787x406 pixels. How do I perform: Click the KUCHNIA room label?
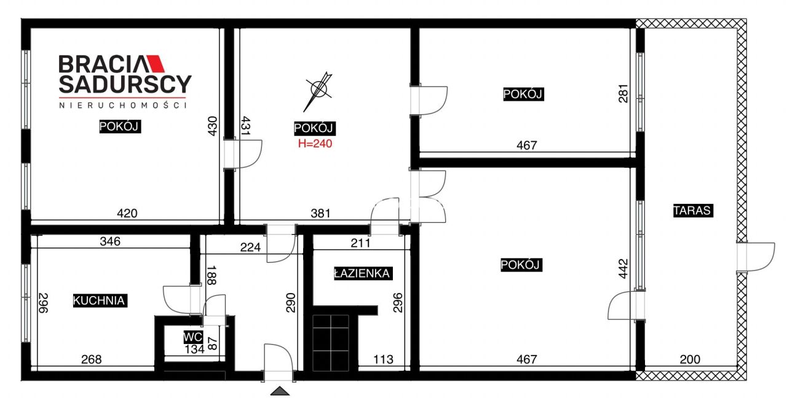(x=100, y=300)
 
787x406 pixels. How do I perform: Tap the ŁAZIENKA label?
(x=363, y=273)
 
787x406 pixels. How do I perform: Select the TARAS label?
(x=693, y=211)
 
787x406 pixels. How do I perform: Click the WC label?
(x=193, y=337)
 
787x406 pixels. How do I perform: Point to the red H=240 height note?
(x=315, y=144)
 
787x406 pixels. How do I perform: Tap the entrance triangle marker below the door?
(x=280, y=391)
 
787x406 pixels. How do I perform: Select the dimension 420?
(x=127, y=213)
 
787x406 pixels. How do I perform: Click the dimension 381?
(x=320, y=213)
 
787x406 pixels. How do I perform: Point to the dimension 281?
(x=623, y=93)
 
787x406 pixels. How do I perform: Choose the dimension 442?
(x=623, y=269)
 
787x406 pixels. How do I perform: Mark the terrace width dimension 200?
(x=690, y=359)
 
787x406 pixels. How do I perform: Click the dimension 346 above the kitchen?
(x=110, y=241)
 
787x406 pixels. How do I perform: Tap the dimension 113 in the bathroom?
(x=383, y=359)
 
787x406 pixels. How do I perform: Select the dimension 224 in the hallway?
(x=250, y=248)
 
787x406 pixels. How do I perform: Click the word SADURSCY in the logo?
(x=125, y=84)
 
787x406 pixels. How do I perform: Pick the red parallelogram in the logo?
(x=156, y=63)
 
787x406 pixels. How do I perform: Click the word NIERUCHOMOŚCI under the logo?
(x=122, y=105)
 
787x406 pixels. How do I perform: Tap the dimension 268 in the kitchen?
(x=92, y=359)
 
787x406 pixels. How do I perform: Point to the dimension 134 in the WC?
(x=194, y=349)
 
